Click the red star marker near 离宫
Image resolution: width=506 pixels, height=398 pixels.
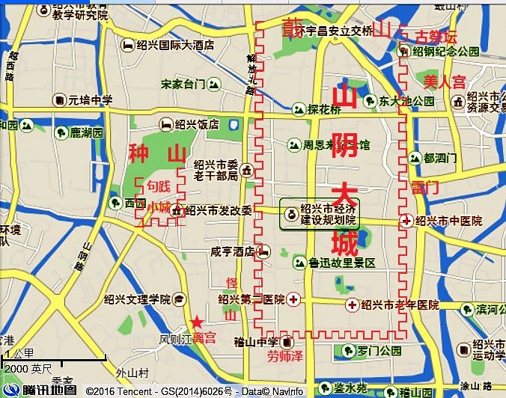click(x=196, y=322)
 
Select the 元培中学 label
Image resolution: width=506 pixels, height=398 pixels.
click(x=91, y=99)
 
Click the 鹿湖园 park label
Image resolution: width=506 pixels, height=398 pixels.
click(x=86, y=133)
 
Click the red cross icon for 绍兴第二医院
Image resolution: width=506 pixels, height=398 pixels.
click(x=293, y=299)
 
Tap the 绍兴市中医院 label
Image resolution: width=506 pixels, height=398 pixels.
click(x=448, y=221)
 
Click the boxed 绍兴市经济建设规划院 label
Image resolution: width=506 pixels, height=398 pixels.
click(x=320, y=213)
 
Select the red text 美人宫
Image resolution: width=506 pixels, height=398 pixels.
click(x=445, y=81)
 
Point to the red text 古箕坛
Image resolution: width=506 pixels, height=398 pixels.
click(x=436, y=37)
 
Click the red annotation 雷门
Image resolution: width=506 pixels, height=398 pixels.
click(x=424, y=187)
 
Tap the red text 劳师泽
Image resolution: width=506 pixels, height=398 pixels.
click(x=284, y=357)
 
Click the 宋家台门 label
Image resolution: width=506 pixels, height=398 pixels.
click(x=183, y=84)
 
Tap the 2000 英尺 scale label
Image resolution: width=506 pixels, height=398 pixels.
click(x=28, y=369)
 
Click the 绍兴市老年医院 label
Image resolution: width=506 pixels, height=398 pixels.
click(x=400, y=304)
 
